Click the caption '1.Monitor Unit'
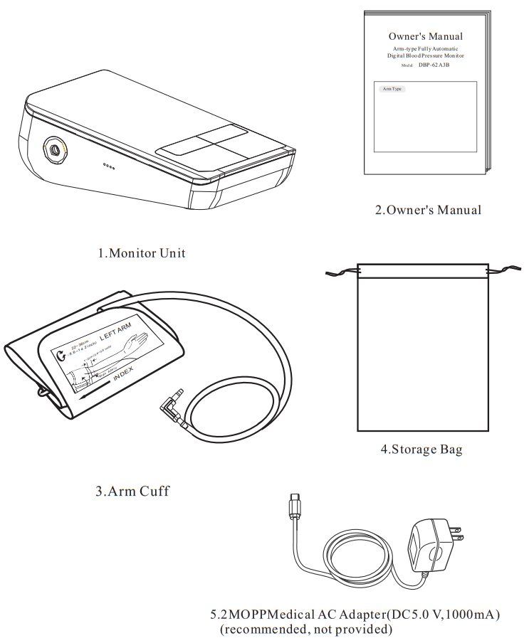(x=142, y=253)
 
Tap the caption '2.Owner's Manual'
(x=428, y=210)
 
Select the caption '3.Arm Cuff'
(x=132, y=491)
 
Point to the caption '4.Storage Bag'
(x=421, y=450)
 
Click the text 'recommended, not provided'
(x=306, y=629)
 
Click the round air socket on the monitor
(x=54, y=150)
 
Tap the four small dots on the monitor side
(x=108, y=166)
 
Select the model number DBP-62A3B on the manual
(x=434, y=65)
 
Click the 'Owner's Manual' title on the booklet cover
(x=425, y=36)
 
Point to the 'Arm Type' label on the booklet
(x=392, y=89)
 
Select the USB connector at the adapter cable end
(x=294, y=507)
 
